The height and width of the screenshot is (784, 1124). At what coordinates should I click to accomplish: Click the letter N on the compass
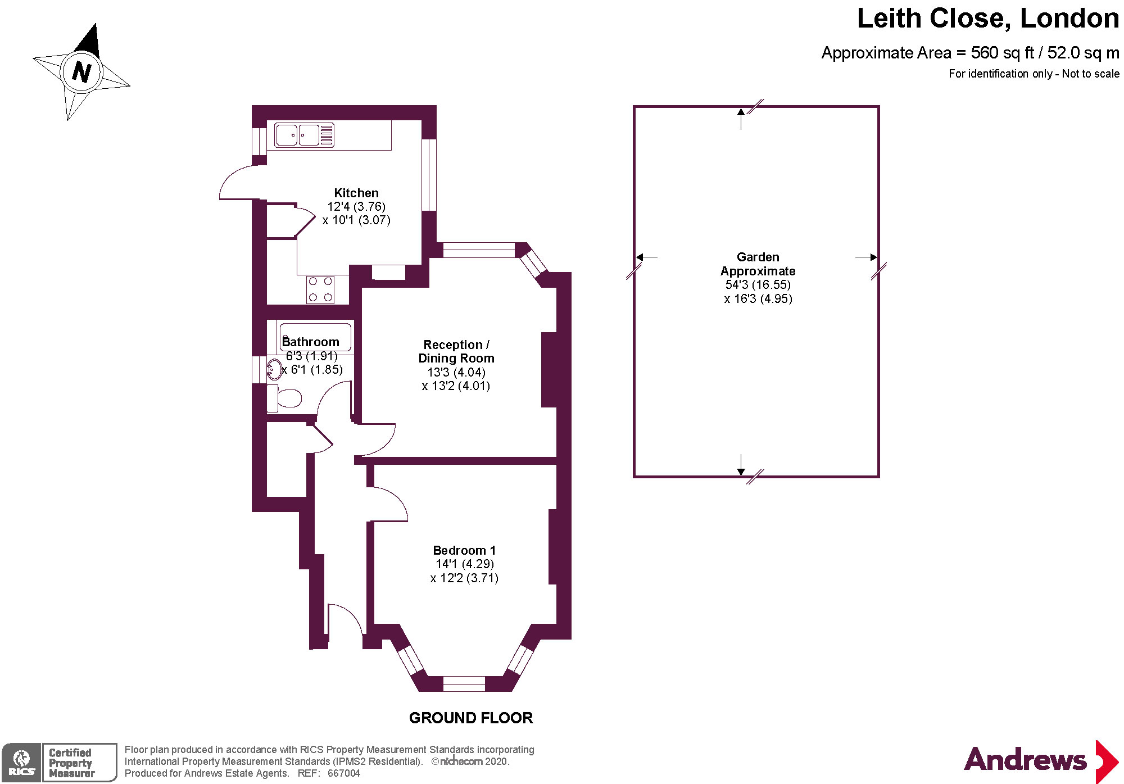(x=82, y=72)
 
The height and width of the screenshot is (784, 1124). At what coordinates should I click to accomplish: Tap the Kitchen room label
(x=356, y=193)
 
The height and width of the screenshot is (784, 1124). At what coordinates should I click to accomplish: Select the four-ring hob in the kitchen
(x=320, y=289)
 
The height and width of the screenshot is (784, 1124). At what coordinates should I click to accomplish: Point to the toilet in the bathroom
(x=287, y=398)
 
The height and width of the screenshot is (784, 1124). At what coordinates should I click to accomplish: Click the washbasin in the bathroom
(x=274, y=370)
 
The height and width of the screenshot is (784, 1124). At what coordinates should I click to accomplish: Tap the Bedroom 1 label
(x=464, y=550)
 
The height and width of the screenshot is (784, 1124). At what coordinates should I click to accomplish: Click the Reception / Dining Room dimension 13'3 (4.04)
(x=456, y=372)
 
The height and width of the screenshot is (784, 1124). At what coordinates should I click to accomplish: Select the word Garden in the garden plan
(x=758, y=257)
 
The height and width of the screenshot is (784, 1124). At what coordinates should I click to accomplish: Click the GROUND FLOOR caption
(x=470, y=718)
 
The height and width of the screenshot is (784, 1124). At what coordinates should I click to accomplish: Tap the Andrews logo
(x=1040, y=760)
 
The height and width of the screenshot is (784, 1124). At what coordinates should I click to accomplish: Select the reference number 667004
(x=343, y=773)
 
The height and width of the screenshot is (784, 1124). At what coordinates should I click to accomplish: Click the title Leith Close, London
(x=987, y=19)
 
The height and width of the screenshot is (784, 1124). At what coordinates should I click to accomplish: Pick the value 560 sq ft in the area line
(x=1002, y=53)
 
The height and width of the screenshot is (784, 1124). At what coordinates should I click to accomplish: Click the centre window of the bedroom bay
(x=464, y=683)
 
